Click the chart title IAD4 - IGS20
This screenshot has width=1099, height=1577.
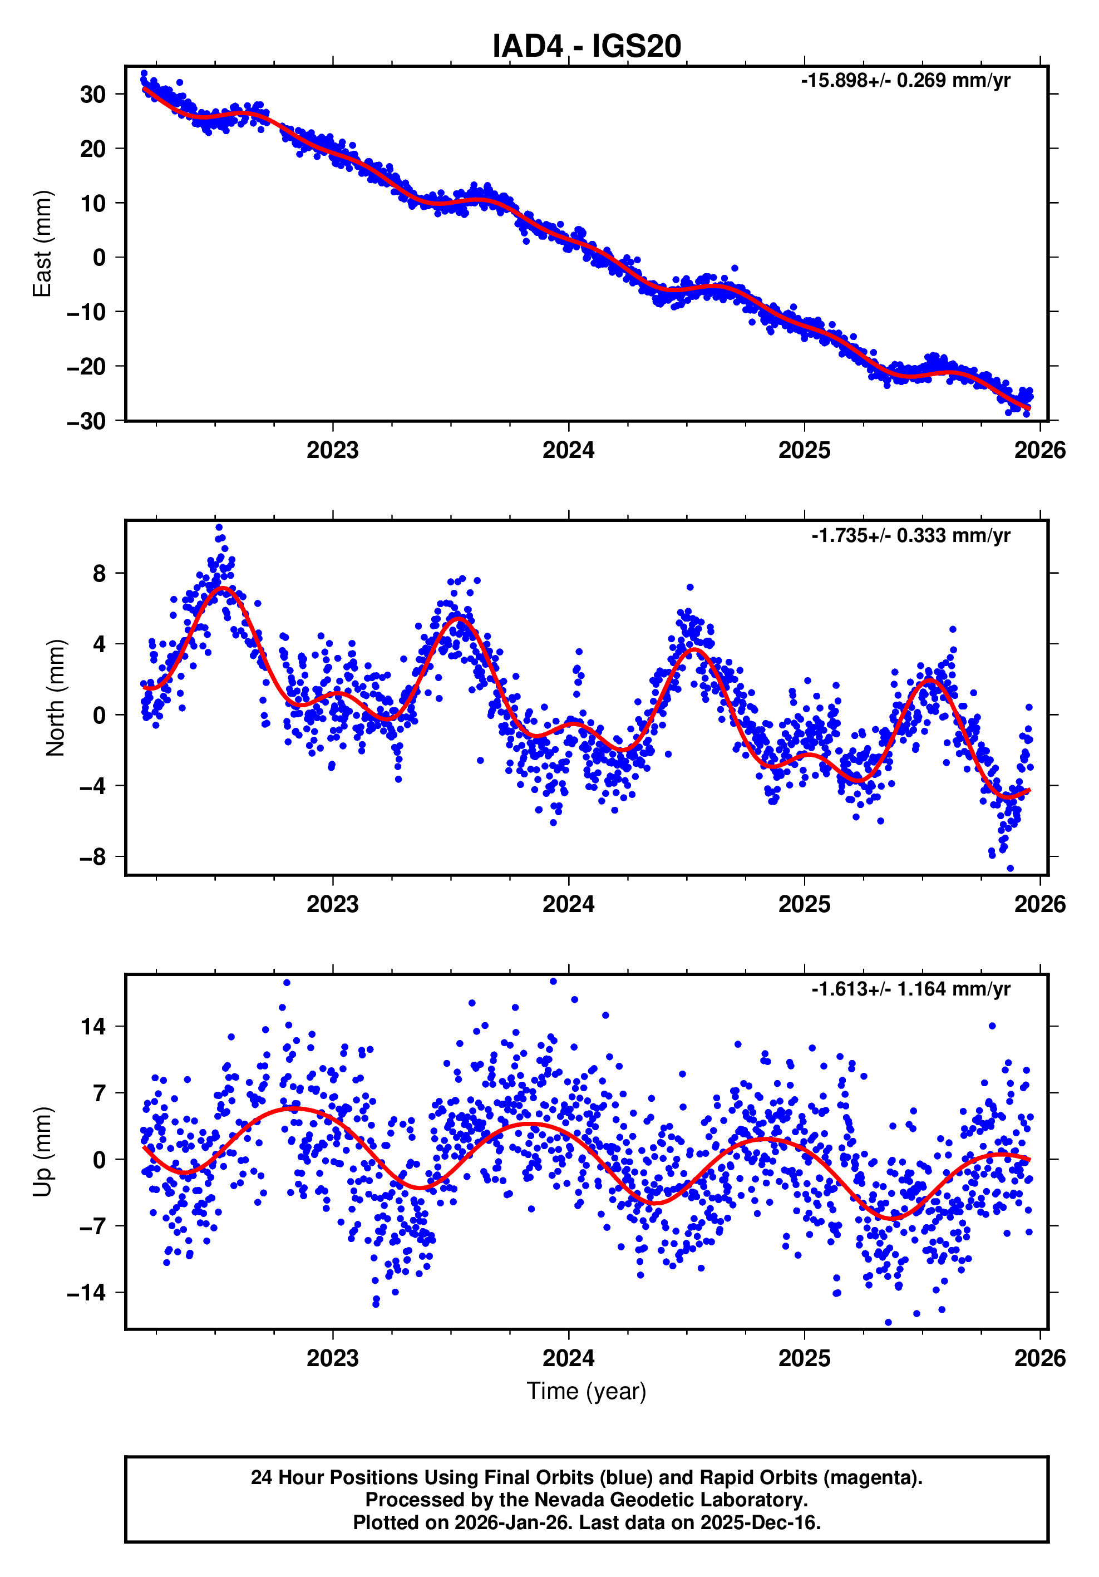[586, 46]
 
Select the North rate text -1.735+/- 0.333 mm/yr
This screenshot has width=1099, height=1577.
[910, 535]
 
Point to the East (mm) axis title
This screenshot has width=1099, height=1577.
[43, 244]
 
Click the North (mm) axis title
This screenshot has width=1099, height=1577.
[55, 698]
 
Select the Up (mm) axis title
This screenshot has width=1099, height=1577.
[43, 1152]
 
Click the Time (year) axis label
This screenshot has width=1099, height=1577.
[586, 1391]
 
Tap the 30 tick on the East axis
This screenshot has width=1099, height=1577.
[93, 94]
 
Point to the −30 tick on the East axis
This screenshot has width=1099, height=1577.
[87, 421]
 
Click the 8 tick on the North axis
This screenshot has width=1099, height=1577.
[100, 574]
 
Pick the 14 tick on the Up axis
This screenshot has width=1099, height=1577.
[93, 1027]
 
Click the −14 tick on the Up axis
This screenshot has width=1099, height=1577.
[87, 1293]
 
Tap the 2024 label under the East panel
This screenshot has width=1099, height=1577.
[568, 451]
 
